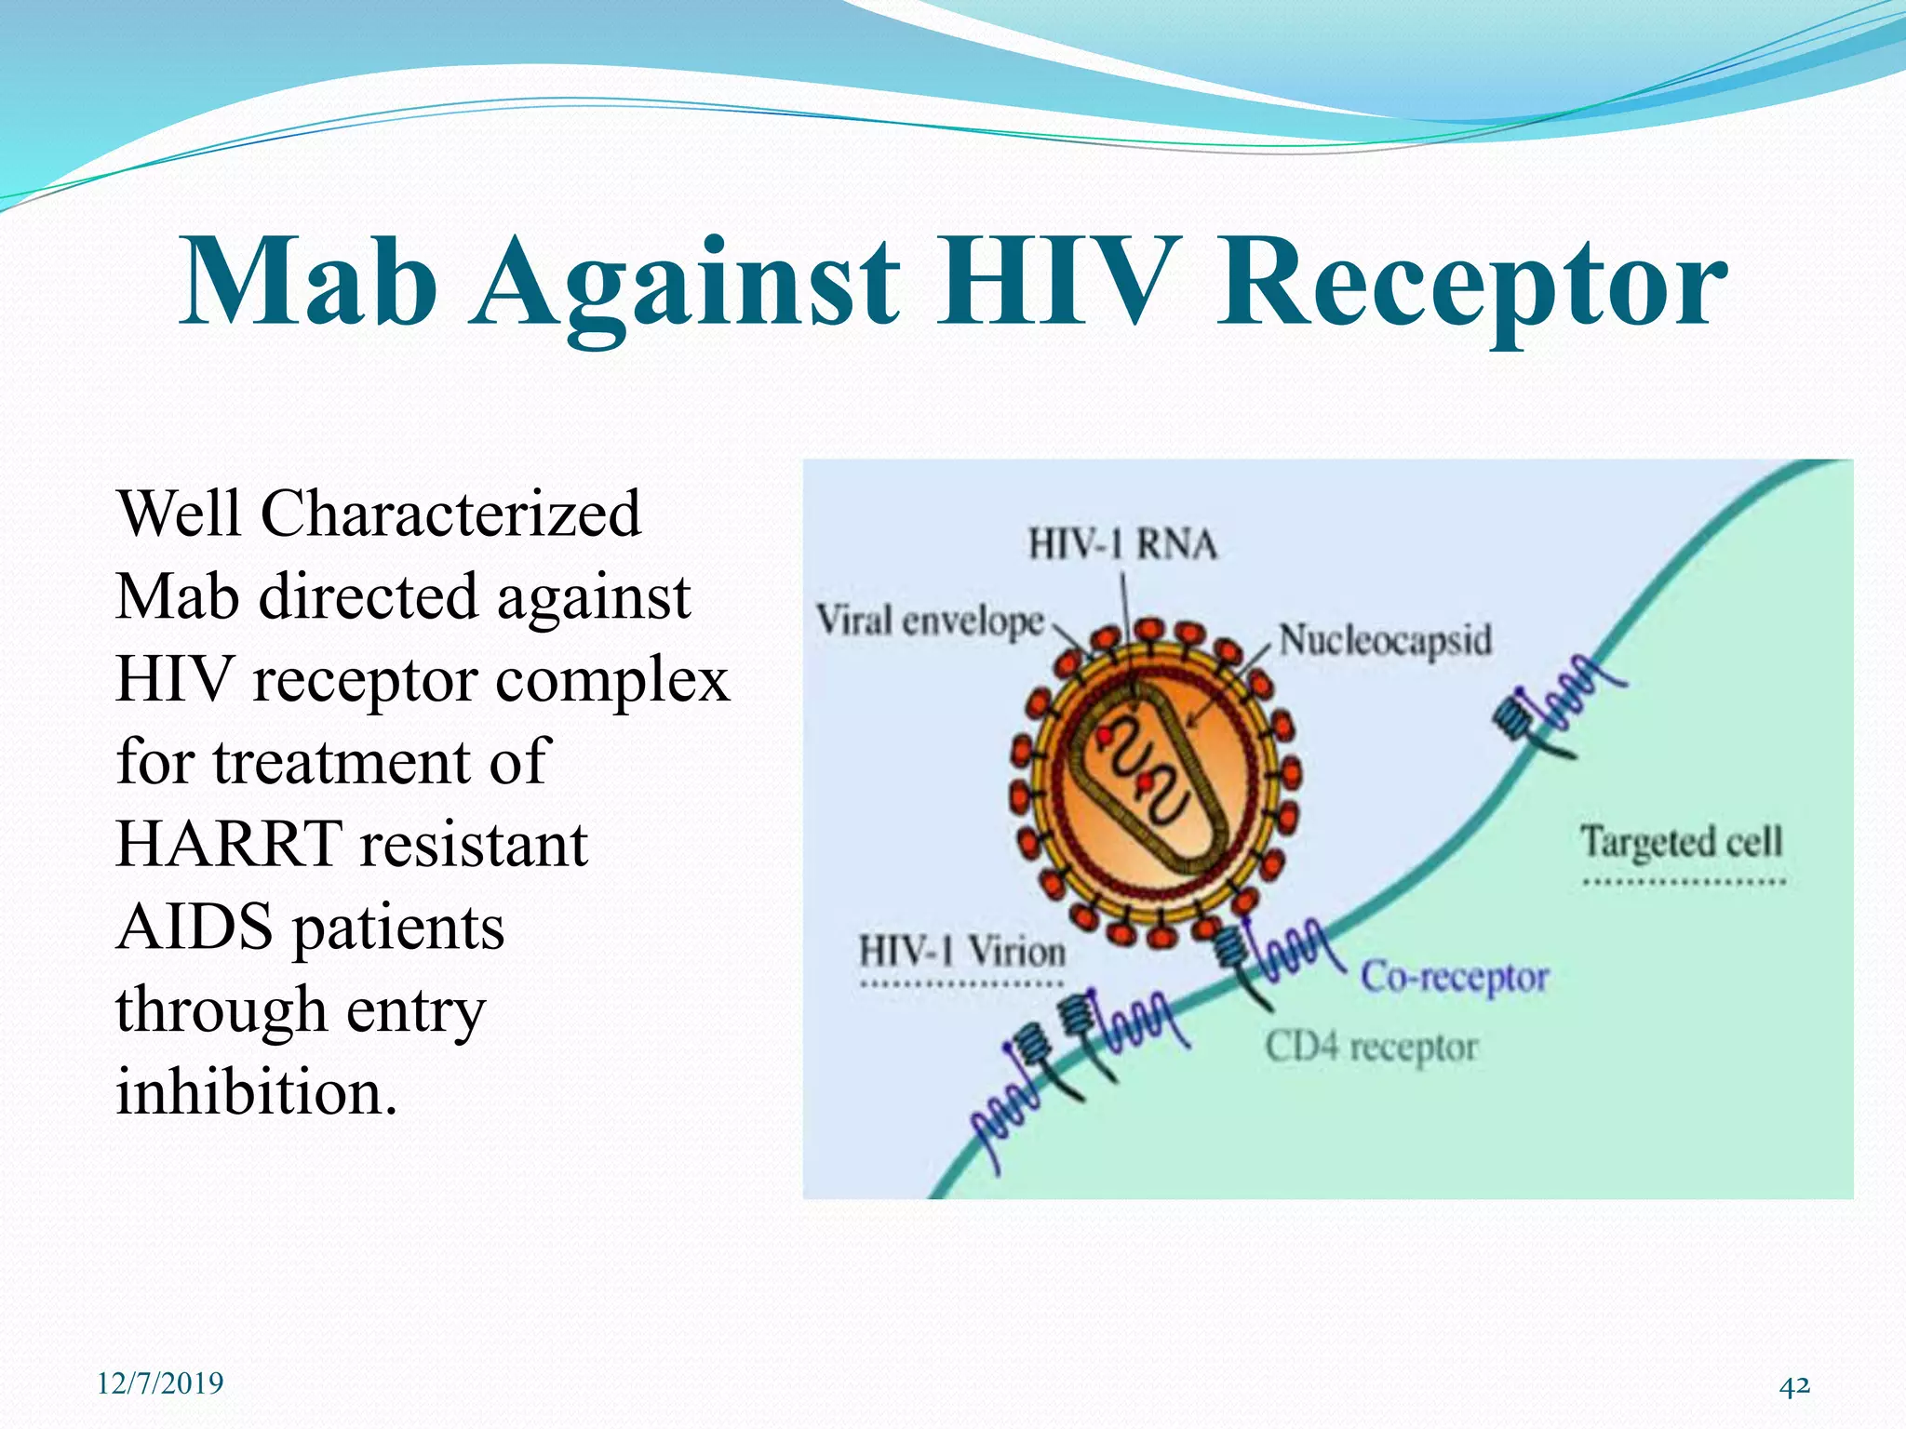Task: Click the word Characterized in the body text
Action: [450, 514]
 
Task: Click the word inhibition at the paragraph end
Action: [255, 1092]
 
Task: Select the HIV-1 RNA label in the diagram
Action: [1122, 545]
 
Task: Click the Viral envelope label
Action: [930, 621]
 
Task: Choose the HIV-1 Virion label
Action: [961, 952]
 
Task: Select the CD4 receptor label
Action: [1371, 1048]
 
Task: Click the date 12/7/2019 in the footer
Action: [160, 1383]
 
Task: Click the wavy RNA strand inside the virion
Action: [1140, 772]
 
